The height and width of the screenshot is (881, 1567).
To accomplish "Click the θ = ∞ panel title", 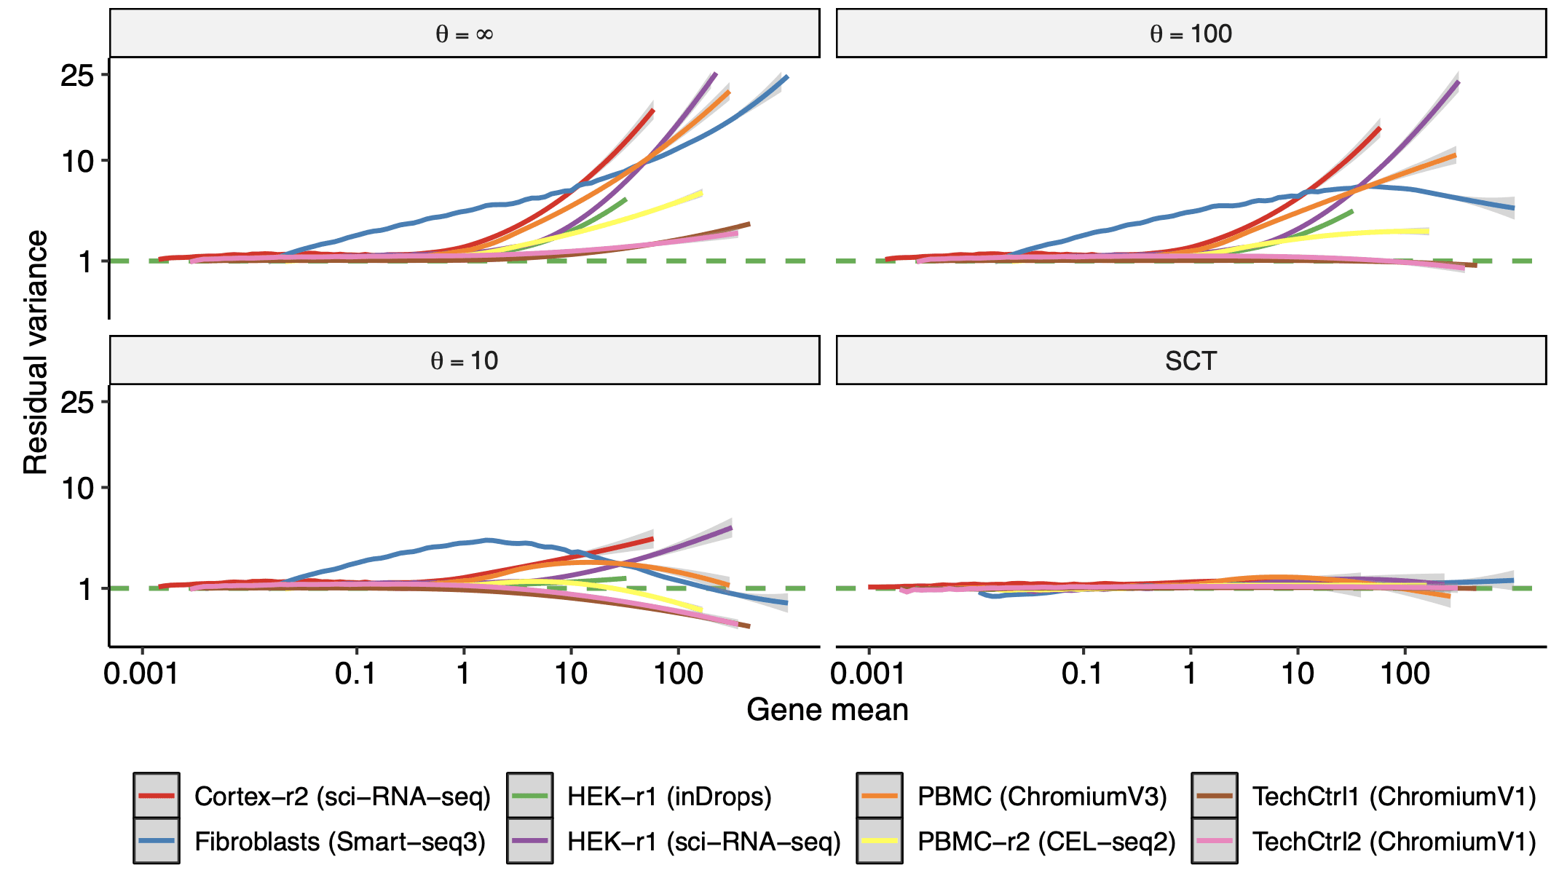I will click(465, 34).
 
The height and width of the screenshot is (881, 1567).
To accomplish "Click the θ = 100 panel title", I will click(1191, 34).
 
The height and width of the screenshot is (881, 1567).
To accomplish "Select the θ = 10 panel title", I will click(465, 360).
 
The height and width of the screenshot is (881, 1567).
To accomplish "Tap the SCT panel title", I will click(1191, 360).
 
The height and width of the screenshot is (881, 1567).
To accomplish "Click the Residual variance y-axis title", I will click(35, 352).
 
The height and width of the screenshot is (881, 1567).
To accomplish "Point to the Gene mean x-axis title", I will click(827, 710).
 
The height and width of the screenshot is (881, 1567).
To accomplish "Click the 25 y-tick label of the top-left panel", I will click(78, 76).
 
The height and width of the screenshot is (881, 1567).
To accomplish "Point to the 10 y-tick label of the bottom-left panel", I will click(78, 489).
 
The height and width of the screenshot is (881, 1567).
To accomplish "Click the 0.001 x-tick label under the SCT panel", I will click(867, 673).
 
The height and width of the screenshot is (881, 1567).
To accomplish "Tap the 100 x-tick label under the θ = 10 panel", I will click(678, 673).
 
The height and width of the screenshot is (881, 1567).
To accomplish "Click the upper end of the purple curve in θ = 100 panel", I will click(1458, 82).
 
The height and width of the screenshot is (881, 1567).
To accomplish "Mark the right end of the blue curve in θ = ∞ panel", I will click(787, 76).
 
